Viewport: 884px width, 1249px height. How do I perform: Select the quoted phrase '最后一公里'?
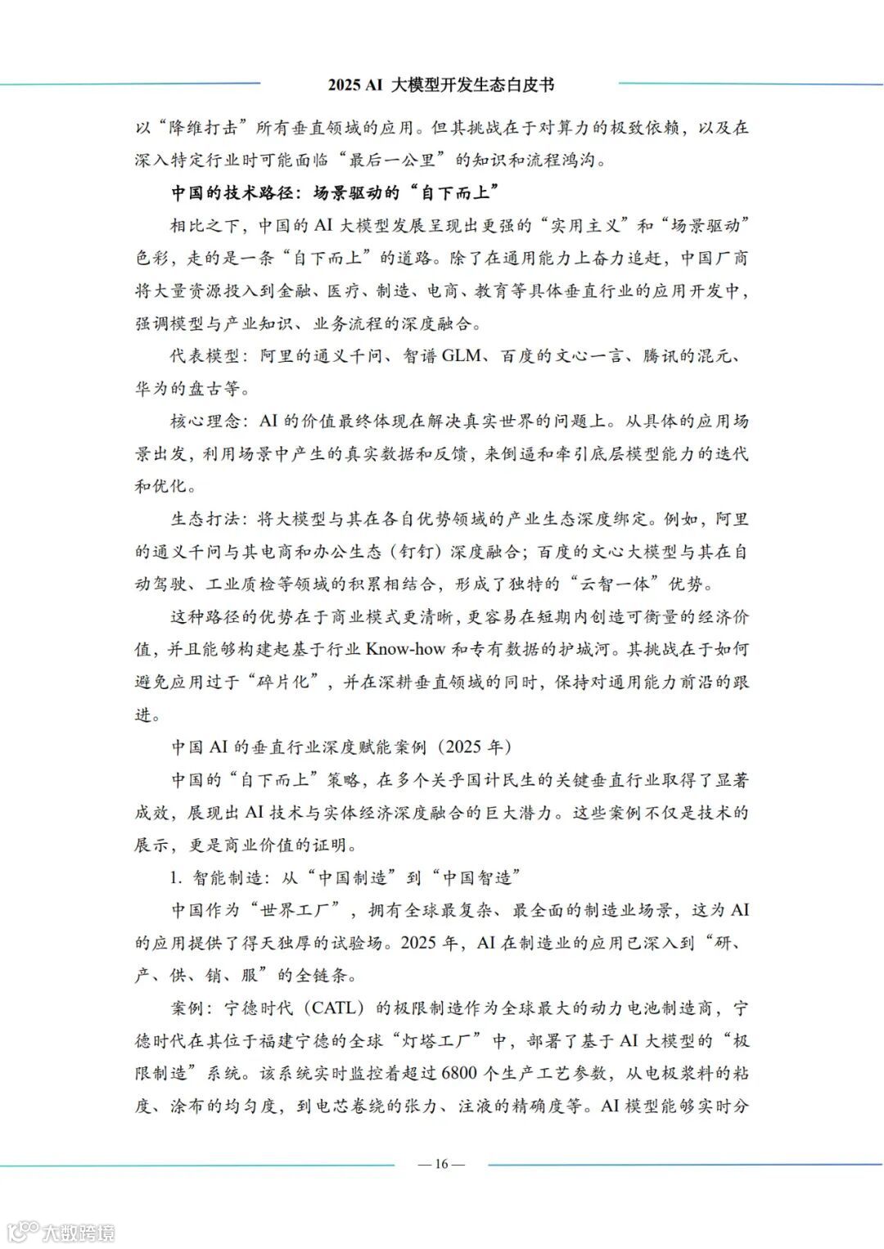coord(400,160)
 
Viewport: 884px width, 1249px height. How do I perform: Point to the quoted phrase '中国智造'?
coord(477,878)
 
